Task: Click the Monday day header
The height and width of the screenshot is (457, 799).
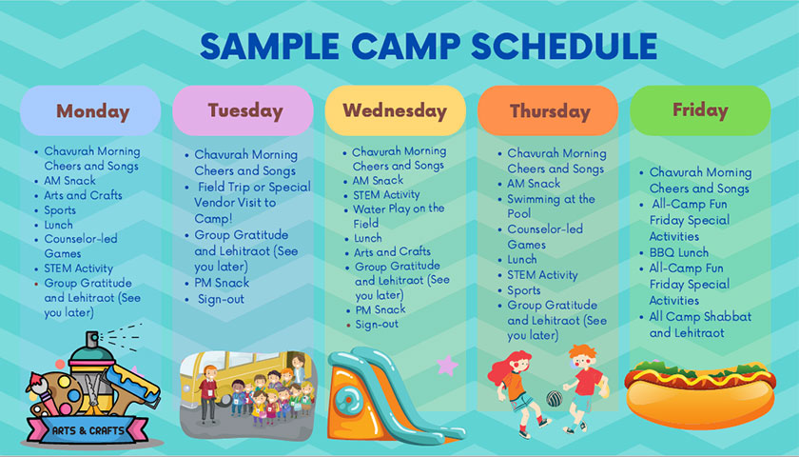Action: pos(91,110)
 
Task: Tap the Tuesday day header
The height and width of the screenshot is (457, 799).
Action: pos(244,110)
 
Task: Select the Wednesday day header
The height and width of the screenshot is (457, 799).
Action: pos(395,110)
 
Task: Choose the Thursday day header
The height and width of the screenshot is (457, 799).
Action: pos(549,110)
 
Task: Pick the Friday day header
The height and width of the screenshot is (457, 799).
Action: pos(700,109)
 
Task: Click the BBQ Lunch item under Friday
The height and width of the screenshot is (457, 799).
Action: pos(679,252)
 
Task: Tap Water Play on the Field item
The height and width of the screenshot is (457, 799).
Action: pos(399,215)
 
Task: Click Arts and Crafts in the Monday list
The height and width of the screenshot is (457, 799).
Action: pos(84,195)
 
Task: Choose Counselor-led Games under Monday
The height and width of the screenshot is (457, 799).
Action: pos(87,246)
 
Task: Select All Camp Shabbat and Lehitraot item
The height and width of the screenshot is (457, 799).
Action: pos(700,325)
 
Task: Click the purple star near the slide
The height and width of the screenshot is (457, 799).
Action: pos(447,365)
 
